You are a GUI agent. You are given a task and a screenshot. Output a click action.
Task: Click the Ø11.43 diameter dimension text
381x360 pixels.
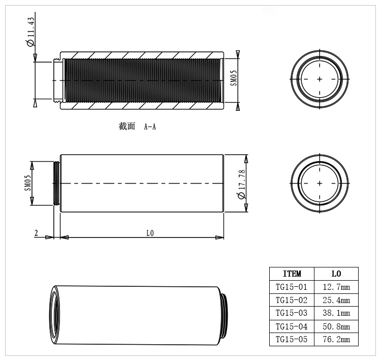tap(30, 32)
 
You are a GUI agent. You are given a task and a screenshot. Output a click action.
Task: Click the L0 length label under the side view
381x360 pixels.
tap(150, 233)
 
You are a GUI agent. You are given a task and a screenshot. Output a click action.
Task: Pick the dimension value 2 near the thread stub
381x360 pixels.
tap(36, 233)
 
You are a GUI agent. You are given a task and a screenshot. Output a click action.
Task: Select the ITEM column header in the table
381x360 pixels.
tap(292, 274)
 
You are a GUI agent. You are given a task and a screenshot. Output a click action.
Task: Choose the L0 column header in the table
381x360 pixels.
tap(336, 274)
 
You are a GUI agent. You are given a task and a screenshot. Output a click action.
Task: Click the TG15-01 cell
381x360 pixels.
tap(292, 287)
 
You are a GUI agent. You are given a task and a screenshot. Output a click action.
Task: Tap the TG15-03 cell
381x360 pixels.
tap(292, 313)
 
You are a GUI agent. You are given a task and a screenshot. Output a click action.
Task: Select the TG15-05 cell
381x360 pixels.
tap(292, 340)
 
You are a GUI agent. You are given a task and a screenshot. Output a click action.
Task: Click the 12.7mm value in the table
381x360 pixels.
tap(336, 287)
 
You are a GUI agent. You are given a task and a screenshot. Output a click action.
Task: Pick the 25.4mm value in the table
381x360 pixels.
tap(336, 300)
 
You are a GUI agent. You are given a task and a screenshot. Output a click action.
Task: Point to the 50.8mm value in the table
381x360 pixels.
tap(336, 326)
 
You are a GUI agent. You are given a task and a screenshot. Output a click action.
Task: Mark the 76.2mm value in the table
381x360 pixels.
tap(336, 340)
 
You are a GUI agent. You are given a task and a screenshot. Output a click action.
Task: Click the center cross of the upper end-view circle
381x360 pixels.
tap(319, 79)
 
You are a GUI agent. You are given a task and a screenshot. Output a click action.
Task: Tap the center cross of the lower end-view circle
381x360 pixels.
tap(319, 183)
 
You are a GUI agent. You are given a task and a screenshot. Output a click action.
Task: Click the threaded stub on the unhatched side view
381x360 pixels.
tap(57, 183)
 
